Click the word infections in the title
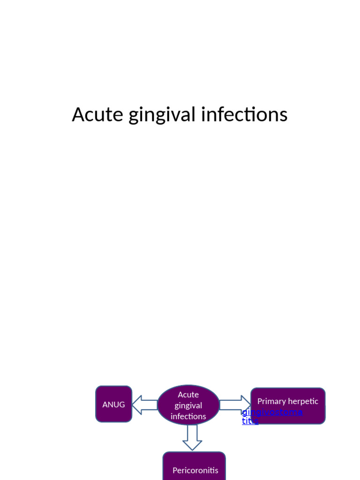pos(244,115)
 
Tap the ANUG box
pos(113,404)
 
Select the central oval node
pos(188,405)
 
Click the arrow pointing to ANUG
pos(144,405)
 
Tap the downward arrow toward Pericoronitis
pos(192,437)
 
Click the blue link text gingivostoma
pos(272,412)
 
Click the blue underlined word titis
pos(250,421)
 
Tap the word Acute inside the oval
pos(188,395)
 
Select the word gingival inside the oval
pos(188,405)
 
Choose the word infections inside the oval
pos(188,416)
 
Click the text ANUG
pos(113,405)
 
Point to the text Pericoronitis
pos(195,470)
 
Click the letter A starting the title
pos(78,115)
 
